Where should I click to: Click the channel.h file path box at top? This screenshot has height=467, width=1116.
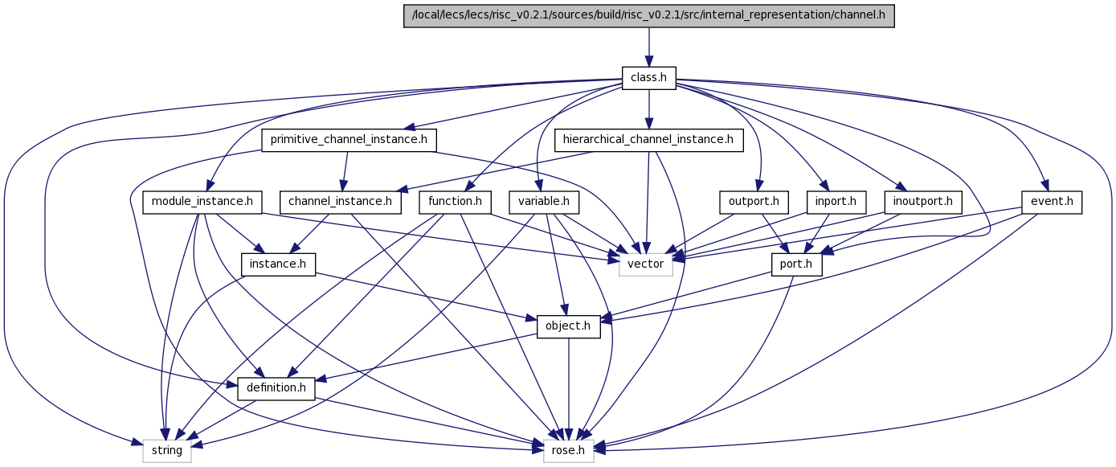(648, 16)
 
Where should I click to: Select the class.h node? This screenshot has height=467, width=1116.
(648, 78)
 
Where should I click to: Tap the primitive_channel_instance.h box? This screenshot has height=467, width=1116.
(349, 140)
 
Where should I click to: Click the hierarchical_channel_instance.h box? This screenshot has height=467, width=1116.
(648, 140)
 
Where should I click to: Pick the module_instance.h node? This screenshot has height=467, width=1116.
(202, 203)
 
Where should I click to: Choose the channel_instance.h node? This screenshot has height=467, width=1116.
(341, 203)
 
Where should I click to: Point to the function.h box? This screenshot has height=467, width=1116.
(456, 203)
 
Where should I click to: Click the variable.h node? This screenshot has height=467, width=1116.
(544, 203)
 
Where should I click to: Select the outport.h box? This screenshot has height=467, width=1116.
(754, 203)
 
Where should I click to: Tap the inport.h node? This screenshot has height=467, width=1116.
(836, 203)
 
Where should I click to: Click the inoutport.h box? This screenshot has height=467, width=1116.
(923, 203)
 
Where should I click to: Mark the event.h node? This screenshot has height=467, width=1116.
(1052, 203)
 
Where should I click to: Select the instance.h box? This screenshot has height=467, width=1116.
(278, 264)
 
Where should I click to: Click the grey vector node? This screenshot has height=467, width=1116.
(646, 264)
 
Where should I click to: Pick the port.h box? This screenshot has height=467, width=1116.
(796, 264)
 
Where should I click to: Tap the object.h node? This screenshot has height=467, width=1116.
(569, 326)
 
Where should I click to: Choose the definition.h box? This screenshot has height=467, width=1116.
(276, 389)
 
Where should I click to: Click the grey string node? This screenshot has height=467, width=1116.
(167, 451)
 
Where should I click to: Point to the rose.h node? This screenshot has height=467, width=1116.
(569, 451)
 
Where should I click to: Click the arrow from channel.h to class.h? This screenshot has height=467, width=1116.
(648, 47)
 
